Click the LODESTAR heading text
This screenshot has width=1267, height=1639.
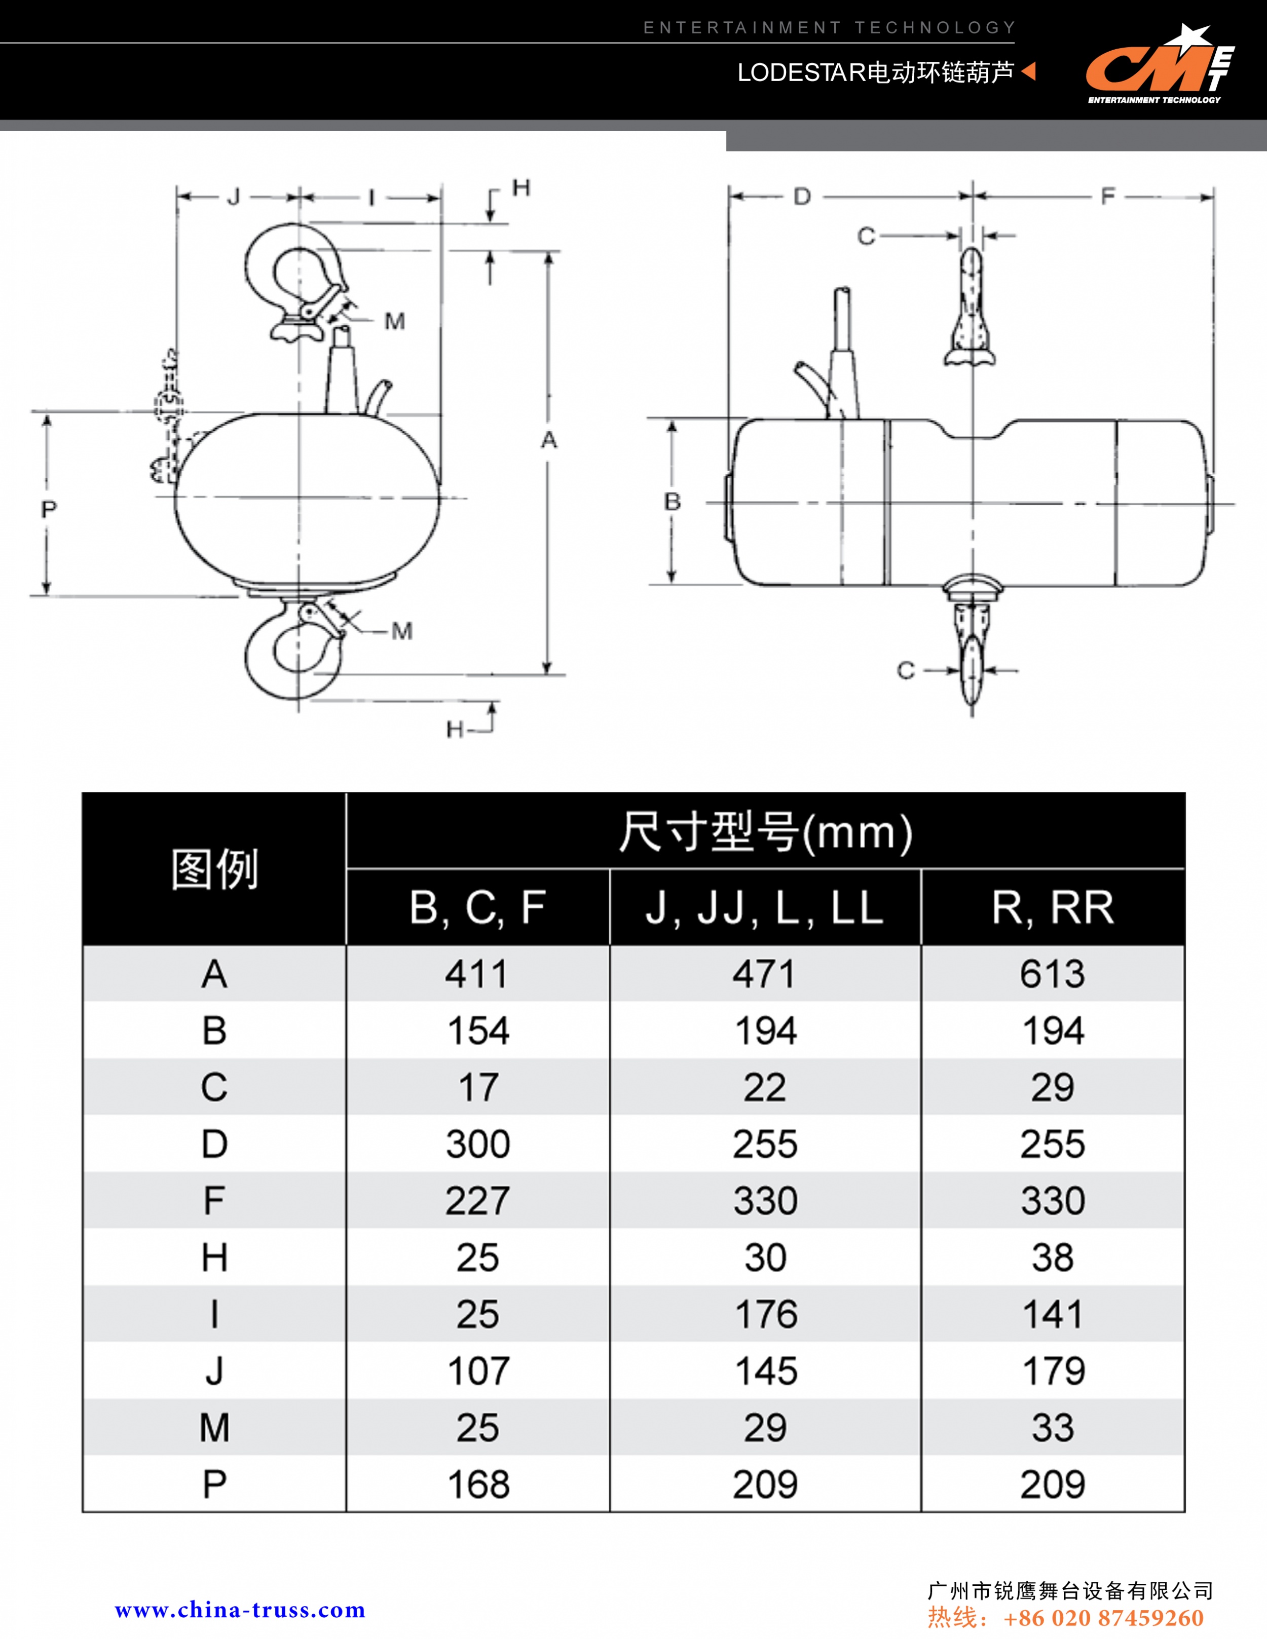876,73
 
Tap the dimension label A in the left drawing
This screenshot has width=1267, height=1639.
549,440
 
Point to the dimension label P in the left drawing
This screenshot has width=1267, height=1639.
49,510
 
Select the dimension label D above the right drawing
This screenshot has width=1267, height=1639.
802,198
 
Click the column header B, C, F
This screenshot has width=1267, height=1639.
477,907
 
